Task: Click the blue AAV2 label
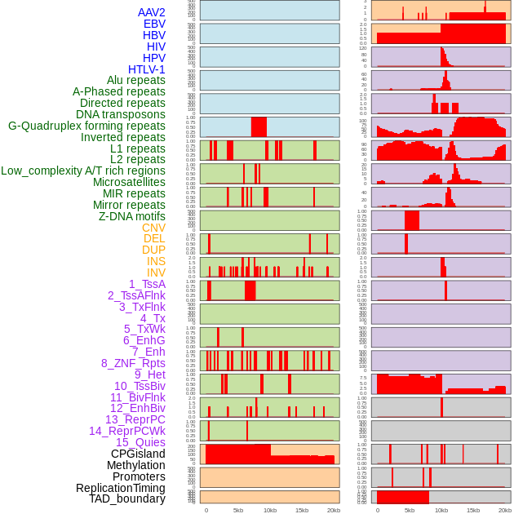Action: point(151,12)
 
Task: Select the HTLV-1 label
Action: point(146,69)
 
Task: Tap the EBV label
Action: point(154,24)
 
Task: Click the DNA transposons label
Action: point(121,114)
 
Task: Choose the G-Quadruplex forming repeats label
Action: point(86,126)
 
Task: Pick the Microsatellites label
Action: point(129,182)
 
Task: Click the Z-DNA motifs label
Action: point(131,216)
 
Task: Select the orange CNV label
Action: point(153,228)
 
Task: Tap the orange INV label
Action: point(156,273)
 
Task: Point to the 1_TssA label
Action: point(147,284)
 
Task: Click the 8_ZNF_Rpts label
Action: point(133,363)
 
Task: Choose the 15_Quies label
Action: point(140,442)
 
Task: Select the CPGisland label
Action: point(138,454)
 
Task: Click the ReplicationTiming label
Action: point(120,488)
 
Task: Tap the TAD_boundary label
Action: point(126,498)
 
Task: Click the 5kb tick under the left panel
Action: point(238,510)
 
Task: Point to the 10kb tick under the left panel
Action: point(270,510)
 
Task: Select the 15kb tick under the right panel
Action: point(473,510)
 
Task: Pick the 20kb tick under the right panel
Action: point(504,510)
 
